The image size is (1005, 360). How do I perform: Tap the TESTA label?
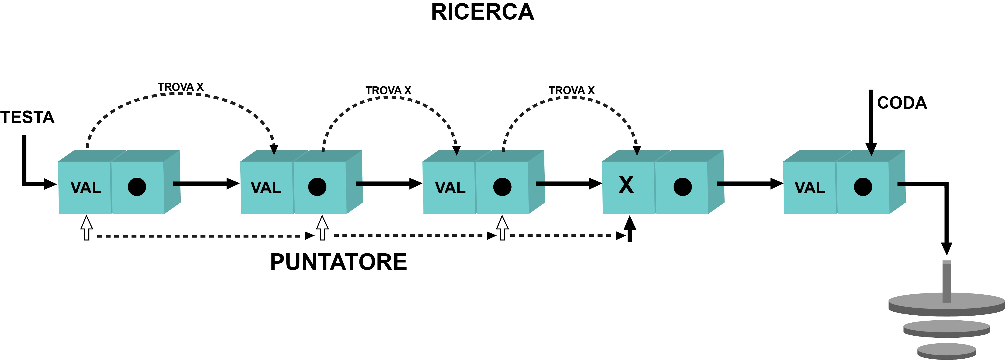pyautogui.click(x=27, y=117)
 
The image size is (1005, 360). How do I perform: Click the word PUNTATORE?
pyautogui.click(x=338, y=262)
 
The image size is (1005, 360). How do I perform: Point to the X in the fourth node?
pyautogui.click(x=626, y=185)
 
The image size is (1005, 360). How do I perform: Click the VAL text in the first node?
pyautogui.click(x=86, y=188)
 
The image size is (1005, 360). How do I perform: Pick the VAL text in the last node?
pyautogui.click(x=810, y=188)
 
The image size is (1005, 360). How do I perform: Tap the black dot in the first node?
pyautogui.click(x=137, y=187)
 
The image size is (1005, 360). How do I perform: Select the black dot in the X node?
pyautogui.click(x=682, y=187)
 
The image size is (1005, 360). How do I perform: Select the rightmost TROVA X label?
pyautogui.click(x=572, y=90)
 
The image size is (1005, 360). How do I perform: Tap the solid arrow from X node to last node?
pyautogui.click(x=750, y=183)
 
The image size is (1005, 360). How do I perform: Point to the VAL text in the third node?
pyautogui.click(x=450, y=188)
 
